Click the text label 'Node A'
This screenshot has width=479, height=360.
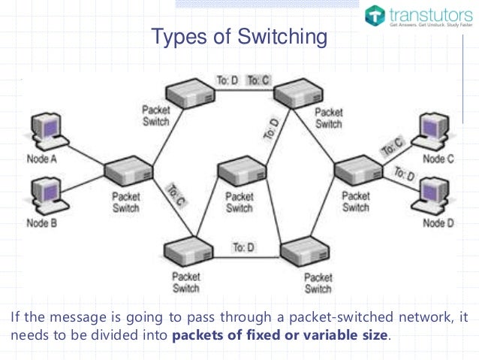[x=41, y=160]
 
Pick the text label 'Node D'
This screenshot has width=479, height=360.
[x=438, y=223]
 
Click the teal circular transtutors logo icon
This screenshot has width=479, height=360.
[x=375, y=14]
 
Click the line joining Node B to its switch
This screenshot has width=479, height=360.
[x=83, y=187]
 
